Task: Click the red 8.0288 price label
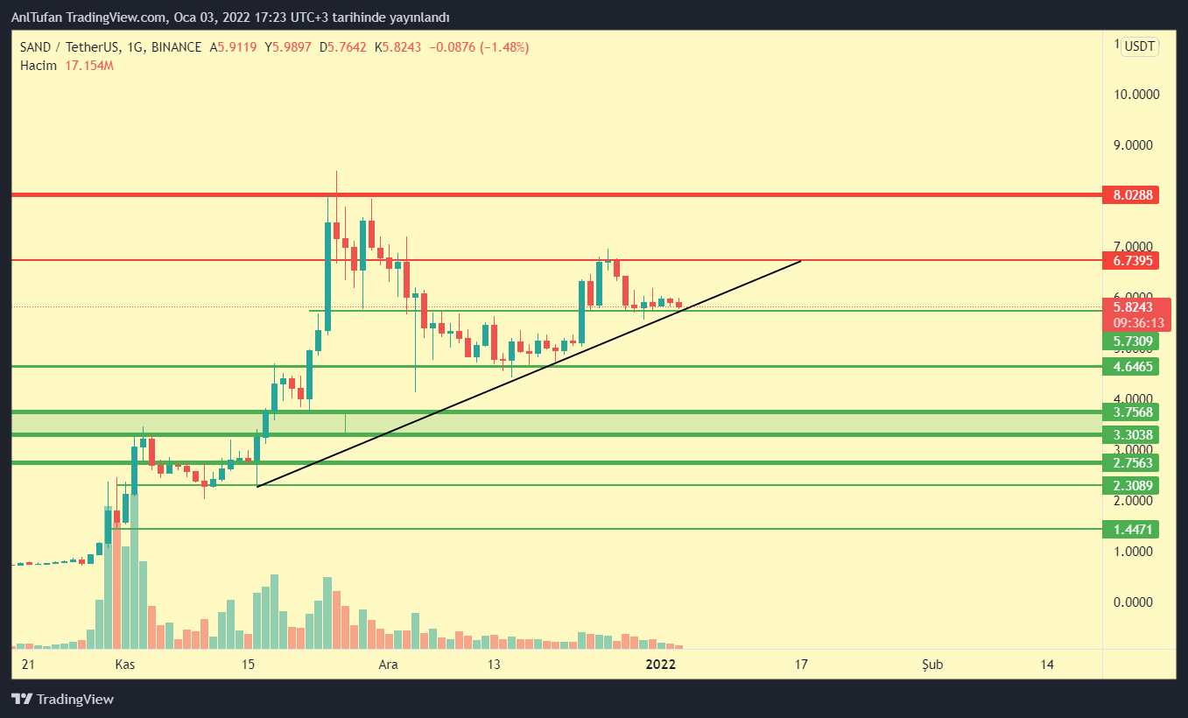pos(1131,195)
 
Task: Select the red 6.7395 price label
pos(1131,260)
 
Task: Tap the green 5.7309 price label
pos(1131,341)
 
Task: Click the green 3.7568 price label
pos(1131,412)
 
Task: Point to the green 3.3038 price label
pos(1131,434)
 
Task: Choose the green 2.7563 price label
pos(1131,462)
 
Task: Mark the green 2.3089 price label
pos(1131,485)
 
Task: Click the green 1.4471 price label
pos(1131,529)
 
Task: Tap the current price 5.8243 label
pos(1131,307)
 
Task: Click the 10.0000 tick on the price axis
pos(1132,95)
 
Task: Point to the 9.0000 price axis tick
pos(1132,145)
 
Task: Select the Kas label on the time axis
pos(125,665)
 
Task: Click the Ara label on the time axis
pos(388,665)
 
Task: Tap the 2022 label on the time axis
pos(660,665)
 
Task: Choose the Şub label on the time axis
pos(933,665)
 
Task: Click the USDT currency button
pos(1140,46)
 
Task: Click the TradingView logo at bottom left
pos(62,699)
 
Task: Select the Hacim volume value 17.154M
pos(90,65)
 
